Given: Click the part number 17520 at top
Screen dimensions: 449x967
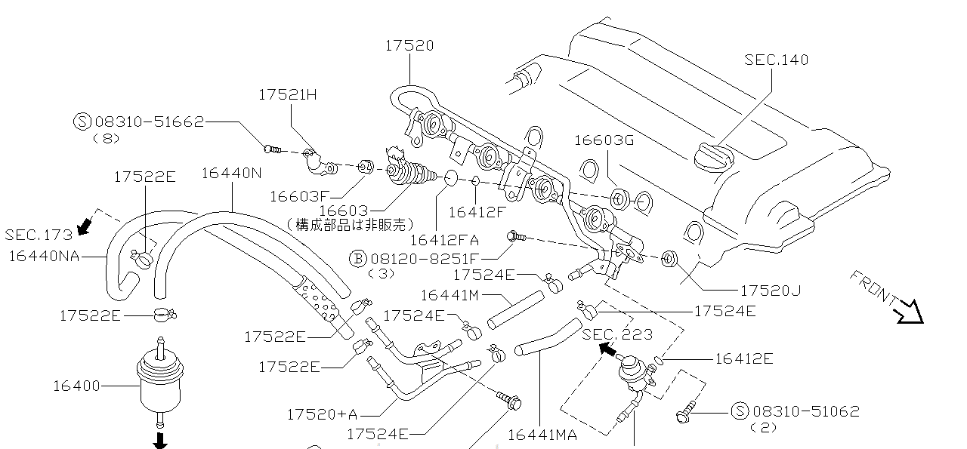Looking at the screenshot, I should (409, 46).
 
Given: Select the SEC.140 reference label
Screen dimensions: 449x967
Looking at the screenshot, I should (776, 60).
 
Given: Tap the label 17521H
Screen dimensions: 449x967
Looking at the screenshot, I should (288, 95).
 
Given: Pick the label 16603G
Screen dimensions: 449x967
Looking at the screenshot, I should (604, 140).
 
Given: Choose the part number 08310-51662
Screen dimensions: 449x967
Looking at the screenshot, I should (150, 121).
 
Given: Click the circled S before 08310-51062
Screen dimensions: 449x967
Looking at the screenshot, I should (740, 411).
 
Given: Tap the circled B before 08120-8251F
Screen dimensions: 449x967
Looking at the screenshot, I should (357, 258).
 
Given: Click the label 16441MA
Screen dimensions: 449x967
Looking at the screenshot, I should (542, 435).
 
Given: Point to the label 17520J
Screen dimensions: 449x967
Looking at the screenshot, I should (771, 291).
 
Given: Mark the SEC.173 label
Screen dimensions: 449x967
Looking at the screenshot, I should (39, 235).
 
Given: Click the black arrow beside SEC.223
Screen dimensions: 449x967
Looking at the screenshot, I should (607, 349).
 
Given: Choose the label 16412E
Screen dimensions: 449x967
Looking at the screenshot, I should (743, 358).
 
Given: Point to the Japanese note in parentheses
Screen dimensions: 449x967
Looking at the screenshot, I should (351, 224).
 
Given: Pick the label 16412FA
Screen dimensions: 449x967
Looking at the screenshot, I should (444, 241).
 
